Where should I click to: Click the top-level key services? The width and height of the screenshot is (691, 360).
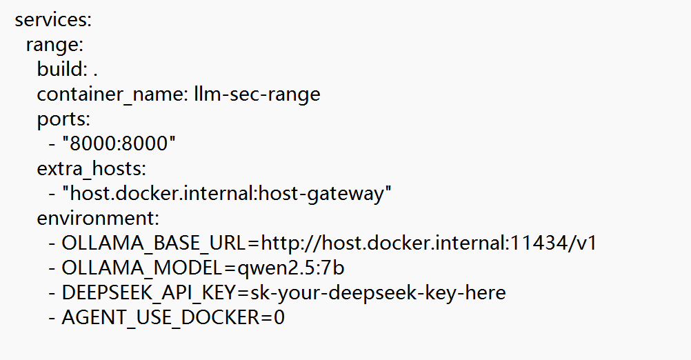tap(53, 20)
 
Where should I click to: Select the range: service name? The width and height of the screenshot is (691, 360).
tap(54, 46)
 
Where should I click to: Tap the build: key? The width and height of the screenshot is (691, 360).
tap(62, 69)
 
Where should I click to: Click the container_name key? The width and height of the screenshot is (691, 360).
tap(113, 94)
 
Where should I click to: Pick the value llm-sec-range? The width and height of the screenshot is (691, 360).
tap(257, 94)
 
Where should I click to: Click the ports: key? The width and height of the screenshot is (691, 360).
tap(63, 119)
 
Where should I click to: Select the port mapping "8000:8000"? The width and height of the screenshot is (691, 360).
tap(119, 143)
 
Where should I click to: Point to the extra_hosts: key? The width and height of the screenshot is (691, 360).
tap(91, 169)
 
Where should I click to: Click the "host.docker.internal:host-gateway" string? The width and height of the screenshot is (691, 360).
tap(226, 193)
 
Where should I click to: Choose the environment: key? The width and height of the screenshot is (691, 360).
tap(98, 218)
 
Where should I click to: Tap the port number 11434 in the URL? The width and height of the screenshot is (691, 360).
tap(538, 243)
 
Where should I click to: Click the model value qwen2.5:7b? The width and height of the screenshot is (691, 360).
tap(291, 268)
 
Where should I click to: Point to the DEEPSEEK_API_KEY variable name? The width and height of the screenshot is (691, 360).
tap(149, 293)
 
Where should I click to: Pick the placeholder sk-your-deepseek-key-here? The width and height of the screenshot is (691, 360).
tap(378, 293)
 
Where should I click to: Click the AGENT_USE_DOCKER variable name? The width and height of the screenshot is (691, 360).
tap(161, 318)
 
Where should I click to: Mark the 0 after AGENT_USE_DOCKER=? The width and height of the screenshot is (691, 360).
tap(279, 318)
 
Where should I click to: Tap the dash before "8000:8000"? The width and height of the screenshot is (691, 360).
tap(52, 145)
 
